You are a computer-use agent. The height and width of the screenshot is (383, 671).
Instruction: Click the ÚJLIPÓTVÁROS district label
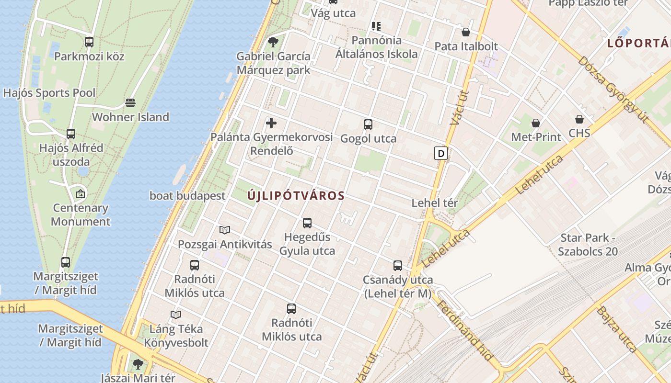296,195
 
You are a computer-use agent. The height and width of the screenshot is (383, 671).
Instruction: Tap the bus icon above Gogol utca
368,124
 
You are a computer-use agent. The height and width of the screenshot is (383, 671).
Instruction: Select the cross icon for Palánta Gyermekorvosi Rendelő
271,123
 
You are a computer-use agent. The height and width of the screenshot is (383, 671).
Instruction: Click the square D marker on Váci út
440,153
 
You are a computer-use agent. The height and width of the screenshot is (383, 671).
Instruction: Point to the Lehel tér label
435,203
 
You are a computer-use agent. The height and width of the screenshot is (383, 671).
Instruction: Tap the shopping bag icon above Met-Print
536,123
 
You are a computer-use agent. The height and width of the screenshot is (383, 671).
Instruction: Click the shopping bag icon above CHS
579,119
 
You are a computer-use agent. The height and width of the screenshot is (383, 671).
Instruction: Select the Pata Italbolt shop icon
465,33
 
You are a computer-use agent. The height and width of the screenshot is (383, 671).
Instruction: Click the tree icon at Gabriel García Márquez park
273,42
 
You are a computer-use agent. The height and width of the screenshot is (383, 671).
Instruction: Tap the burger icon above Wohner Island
130,103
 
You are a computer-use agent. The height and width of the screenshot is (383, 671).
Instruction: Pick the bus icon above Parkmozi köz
89,42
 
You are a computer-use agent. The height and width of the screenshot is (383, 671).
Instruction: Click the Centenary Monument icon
81,194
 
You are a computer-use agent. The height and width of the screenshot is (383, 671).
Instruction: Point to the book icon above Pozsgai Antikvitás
225,230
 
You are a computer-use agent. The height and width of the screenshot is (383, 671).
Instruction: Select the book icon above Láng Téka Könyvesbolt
176,315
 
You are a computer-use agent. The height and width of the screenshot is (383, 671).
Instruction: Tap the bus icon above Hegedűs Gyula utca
307,223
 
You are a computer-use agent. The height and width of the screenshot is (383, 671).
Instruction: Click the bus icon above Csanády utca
398,266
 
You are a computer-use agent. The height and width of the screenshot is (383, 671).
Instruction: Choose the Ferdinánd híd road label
464,330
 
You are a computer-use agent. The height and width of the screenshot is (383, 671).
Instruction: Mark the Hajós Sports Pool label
49,92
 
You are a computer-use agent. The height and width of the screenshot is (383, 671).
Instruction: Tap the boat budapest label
187,195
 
